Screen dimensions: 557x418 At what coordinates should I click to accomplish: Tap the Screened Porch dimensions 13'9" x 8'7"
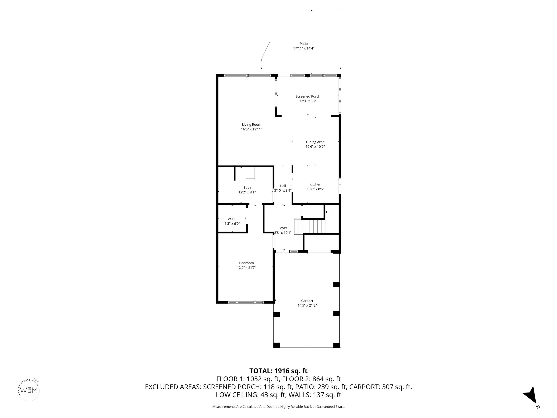308,101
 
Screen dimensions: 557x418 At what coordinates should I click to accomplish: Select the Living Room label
251,124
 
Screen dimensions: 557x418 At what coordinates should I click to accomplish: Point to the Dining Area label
315,142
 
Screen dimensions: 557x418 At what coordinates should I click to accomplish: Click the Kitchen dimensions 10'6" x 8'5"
315,189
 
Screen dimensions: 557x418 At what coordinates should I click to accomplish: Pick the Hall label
283,186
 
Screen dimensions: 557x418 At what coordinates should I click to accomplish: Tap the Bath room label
247,187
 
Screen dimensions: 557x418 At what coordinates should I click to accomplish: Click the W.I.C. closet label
232,219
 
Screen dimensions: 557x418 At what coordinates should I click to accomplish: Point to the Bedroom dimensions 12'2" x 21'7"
247,268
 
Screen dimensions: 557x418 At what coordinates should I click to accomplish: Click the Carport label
307,301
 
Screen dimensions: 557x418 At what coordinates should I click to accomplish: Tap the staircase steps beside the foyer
310,226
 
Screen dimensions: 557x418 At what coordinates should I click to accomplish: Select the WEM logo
29,390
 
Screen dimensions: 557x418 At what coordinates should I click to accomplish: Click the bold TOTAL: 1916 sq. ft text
278,371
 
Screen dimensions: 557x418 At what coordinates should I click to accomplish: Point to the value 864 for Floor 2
318,379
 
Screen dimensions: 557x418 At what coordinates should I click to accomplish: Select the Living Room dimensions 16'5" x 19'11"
251,129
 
